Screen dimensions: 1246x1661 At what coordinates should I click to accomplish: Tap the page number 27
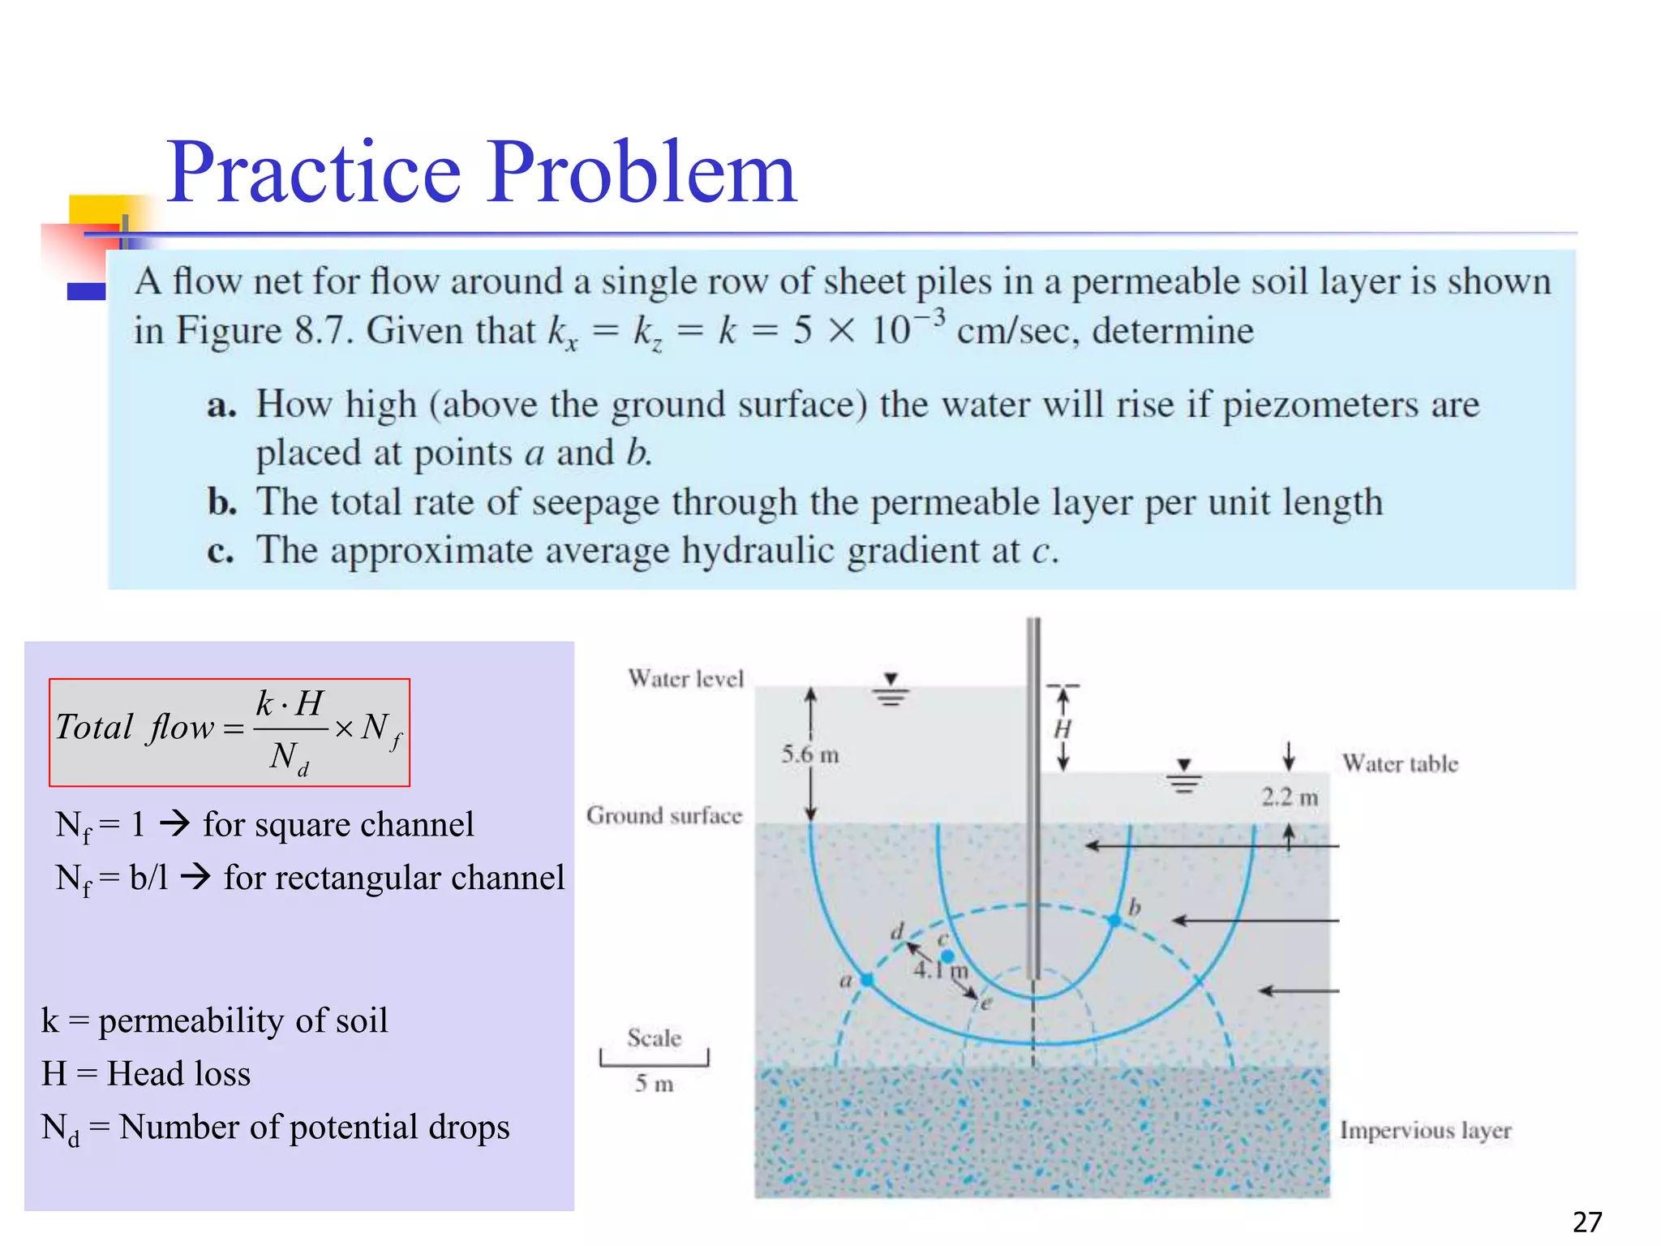point(1587,1222)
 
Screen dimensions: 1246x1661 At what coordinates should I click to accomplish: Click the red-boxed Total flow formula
point(230,733)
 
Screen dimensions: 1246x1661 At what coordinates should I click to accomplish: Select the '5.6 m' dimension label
point(810,755)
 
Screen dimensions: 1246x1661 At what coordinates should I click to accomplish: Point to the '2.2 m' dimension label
point(1290,797)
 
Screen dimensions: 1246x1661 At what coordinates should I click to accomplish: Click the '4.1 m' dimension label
point(941,970)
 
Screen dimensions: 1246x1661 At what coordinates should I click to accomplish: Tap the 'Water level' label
point(685,678)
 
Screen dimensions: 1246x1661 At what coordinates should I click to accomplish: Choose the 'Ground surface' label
point(664,815)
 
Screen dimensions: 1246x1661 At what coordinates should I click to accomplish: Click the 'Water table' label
point(1400,763)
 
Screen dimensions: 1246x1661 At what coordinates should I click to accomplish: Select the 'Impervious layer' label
point(1425,1130)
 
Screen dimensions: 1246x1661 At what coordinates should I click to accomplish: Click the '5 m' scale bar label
point(655,1084)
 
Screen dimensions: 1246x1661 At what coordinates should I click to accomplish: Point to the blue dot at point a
point(867,980)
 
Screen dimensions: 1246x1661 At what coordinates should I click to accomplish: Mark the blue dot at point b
point(1115,920)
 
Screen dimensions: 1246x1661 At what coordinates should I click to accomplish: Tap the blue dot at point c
point(947,957)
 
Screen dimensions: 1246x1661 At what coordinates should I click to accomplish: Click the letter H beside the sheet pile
point(1062,729)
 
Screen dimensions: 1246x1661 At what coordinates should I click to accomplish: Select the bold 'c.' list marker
point(221,552)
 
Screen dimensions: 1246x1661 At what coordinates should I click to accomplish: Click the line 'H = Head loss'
point(146,1074)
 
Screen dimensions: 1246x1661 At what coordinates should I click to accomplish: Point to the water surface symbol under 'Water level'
point(891,690)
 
